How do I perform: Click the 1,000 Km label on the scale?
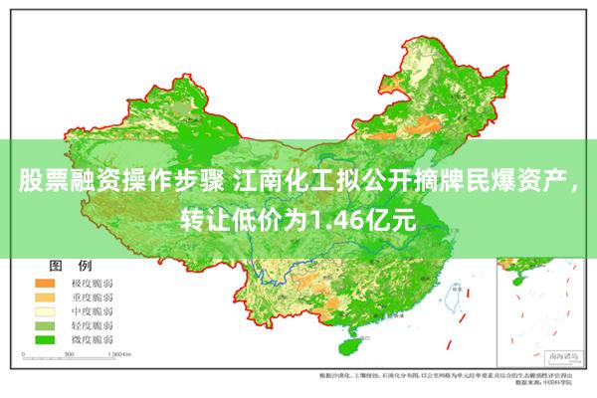pos(119,354)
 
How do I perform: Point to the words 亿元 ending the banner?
pos(391,216)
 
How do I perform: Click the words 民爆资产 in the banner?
pos(518,182)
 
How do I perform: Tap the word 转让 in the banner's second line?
pos(206,216)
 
